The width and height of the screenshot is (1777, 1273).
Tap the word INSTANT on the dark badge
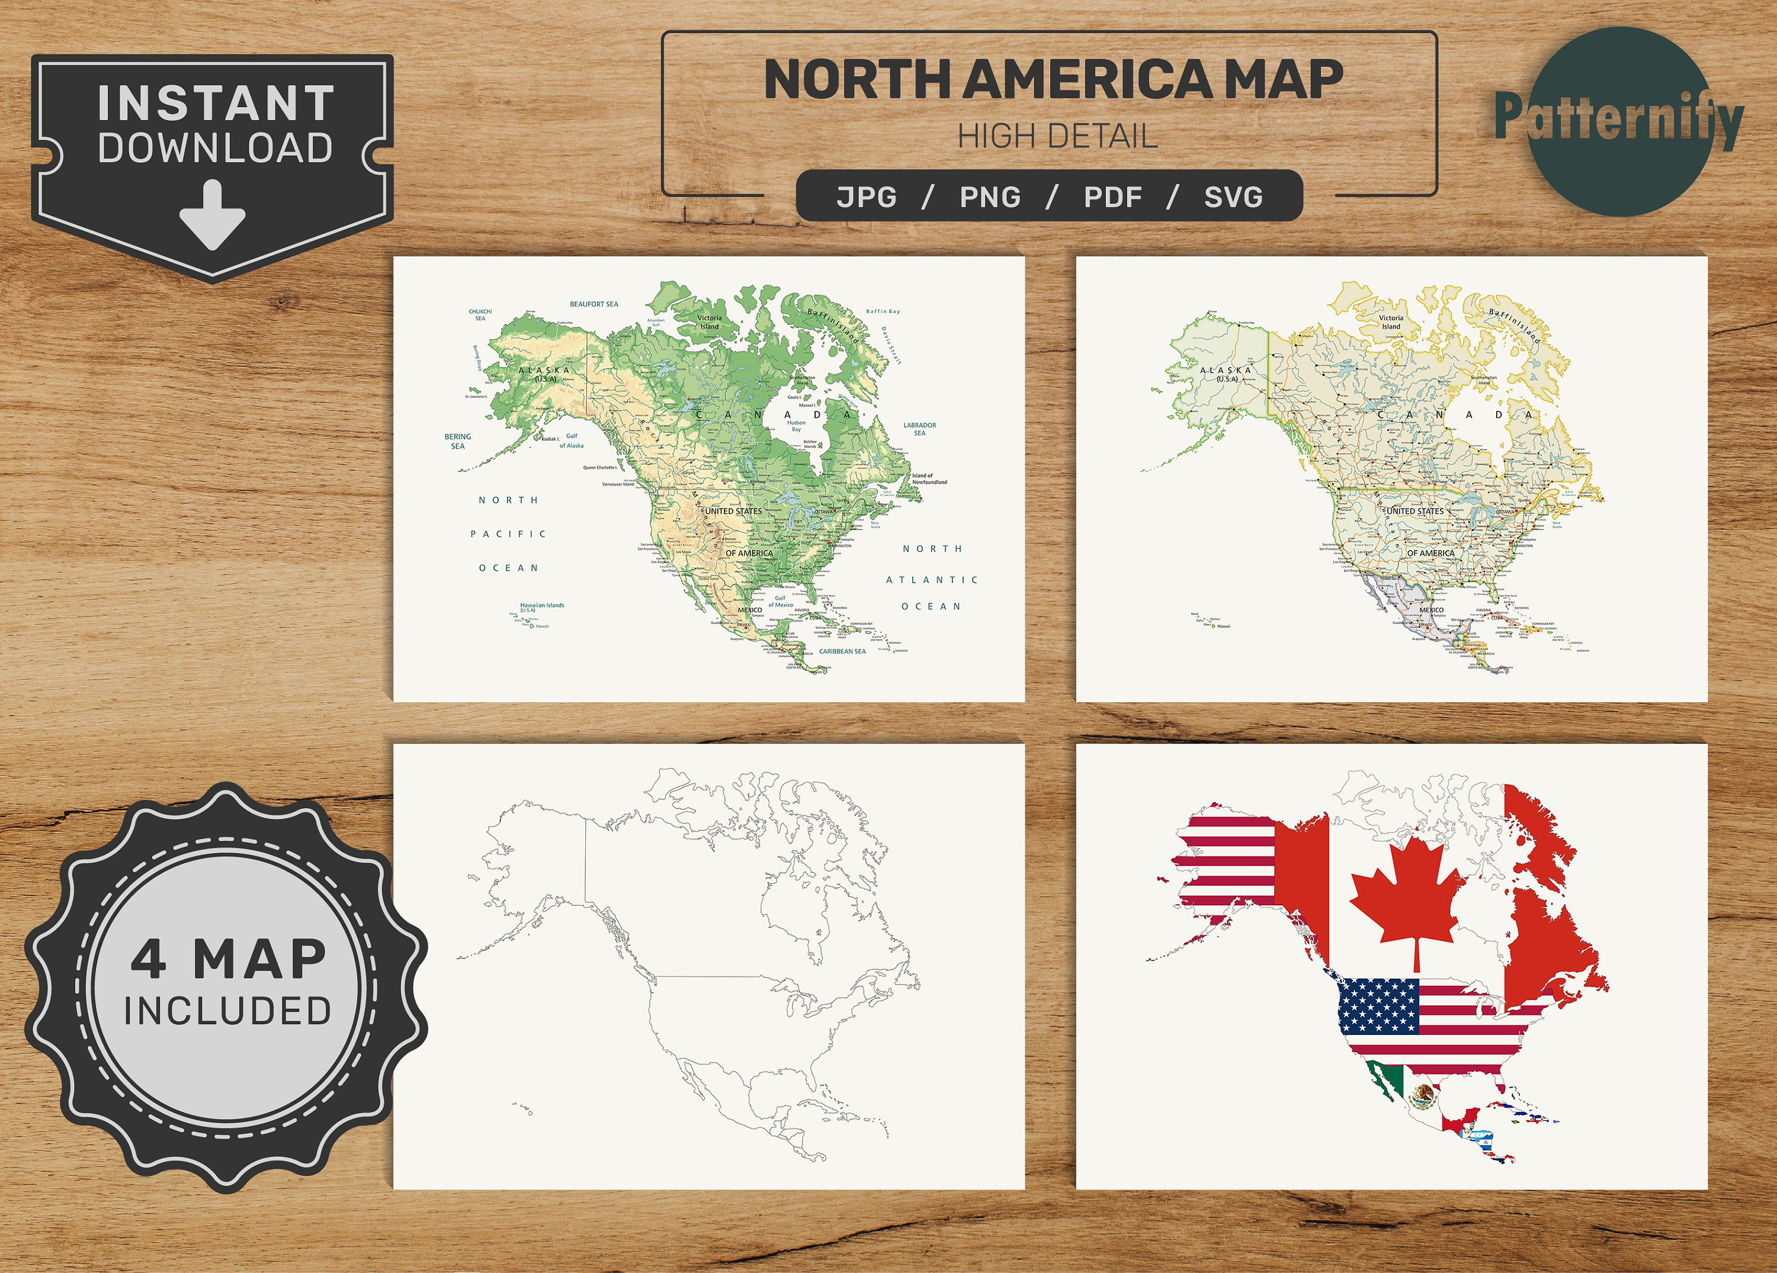(216, 104)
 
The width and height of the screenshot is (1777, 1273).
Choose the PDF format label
(1112, 197)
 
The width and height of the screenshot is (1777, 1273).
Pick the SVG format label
(1233, 197)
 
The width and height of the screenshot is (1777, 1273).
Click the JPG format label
(867, 197)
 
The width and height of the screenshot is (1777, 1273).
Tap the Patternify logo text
(1619, 117)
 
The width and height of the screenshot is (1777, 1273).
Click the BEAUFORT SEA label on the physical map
(594, 304)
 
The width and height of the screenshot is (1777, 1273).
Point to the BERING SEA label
(457, 441)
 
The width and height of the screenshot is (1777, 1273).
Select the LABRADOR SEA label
(920, 429)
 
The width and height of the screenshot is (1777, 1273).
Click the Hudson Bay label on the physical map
(796, 425)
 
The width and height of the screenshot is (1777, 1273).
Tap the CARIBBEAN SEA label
(842, 651)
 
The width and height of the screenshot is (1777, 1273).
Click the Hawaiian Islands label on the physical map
(542, 606)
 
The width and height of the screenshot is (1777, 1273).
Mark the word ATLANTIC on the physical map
(932, 580)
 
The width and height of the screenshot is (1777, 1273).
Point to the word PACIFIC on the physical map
(508, 534)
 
